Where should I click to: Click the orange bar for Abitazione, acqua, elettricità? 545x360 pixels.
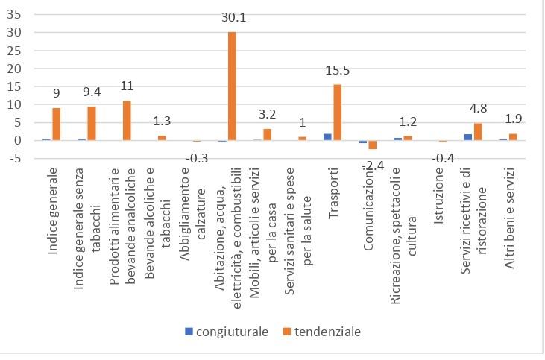click(232, 86)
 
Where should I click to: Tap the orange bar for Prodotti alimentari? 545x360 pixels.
click(127, 120)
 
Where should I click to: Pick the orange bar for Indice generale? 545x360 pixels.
click(56, 124)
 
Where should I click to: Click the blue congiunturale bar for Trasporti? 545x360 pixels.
click(327, 137)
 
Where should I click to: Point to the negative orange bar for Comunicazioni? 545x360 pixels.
click(372, 145)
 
